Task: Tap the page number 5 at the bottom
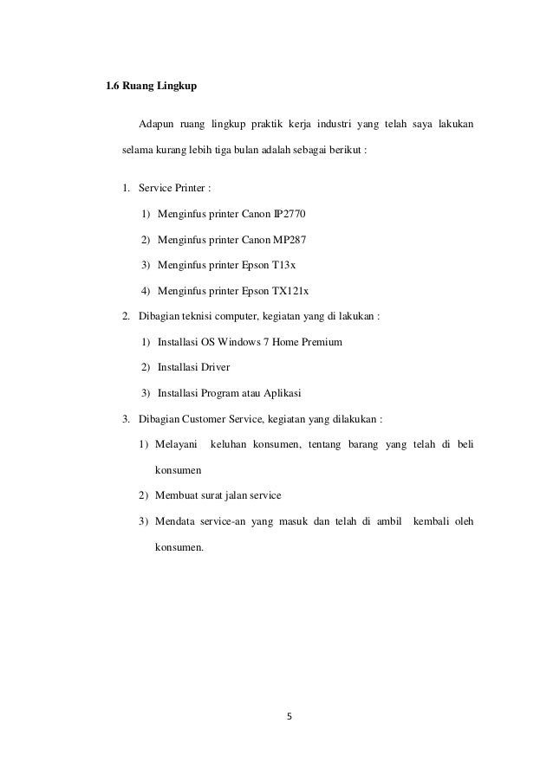[289, 716]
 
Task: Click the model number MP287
[289, 239]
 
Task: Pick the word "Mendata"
[177, 521]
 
